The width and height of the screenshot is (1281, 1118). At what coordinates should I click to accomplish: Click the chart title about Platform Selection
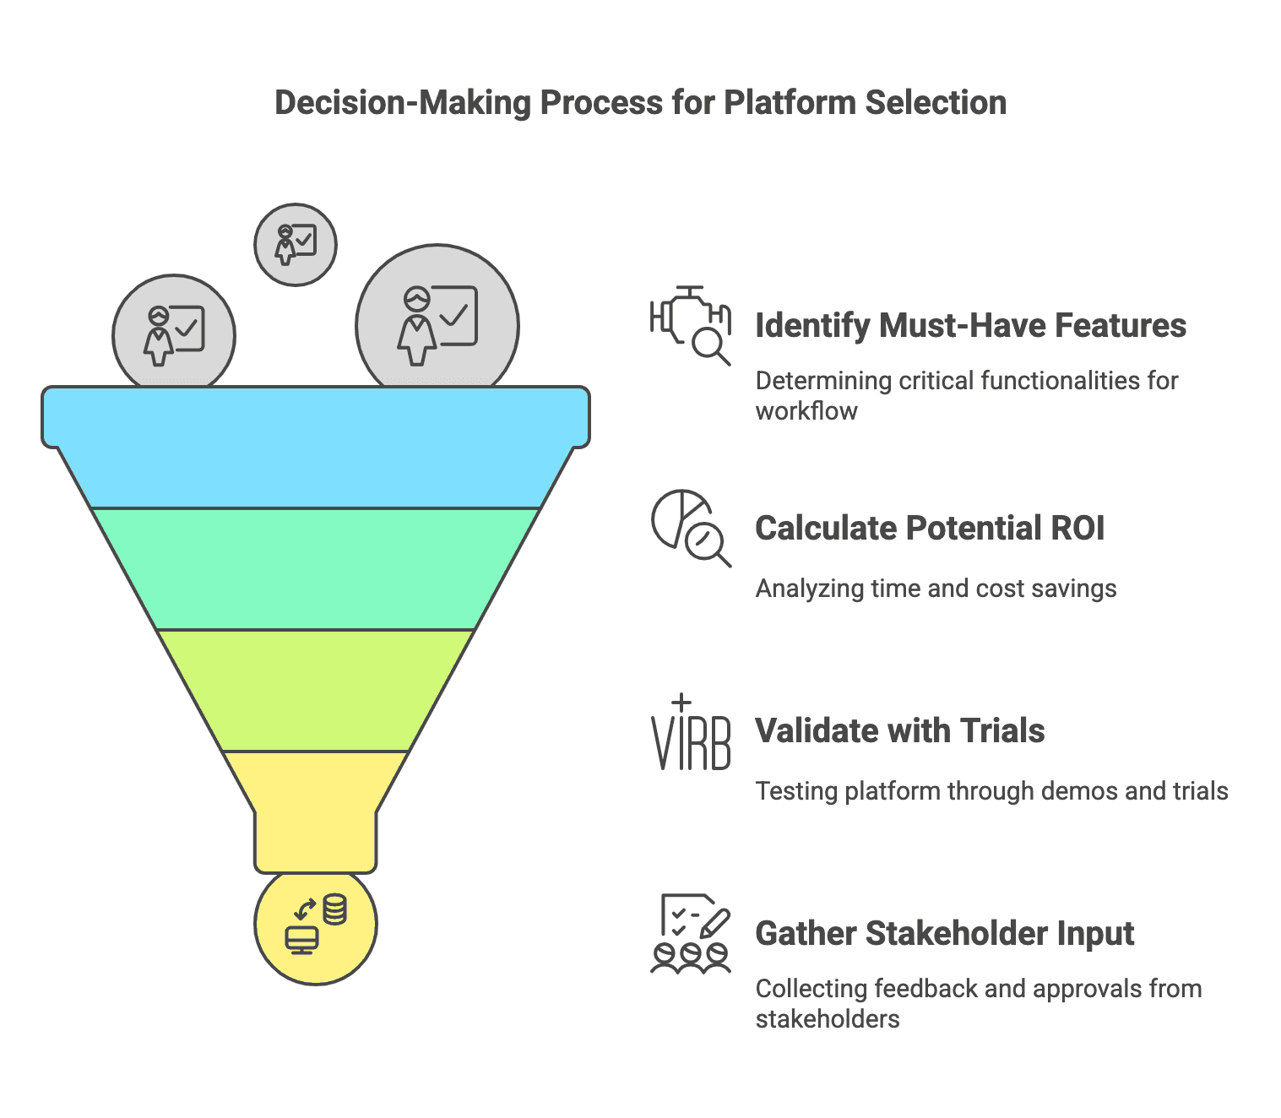(640, 103)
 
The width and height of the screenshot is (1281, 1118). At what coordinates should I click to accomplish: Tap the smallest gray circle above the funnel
(296, 245)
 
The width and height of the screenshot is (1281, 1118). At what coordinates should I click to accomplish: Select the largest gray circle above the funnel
(437, 325)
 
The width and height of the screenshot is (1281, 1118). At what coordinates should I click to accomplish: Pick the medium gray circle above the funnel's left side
(174, 335)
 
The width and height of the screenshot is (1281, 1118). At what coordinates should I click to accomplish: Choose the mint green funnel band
(315, 568)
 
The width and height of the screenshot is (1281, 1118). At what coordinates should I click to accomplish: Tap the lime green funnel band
(315, 690)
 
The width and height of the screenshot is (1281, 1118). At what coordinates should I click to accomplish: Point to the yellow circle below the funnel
(315, 929)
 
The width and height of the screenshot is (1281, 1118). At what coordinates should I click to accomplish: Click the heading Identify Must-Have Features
(970, 326)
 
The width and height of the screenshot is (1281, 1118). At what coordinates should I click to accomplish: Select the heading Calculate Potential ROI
(930, 529)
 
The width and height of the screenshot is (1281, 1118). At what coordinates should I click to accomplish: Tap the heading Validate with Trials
(899, 731)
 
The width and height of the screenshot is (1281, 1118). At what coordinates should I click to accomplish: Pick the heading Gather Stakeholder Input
(944, 934)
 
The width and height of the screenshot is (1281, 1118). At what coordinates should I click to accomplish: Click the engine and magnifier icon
(691, 325)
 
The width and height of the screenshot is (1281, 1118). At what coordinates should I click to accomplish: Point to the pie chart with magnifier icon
(691, 528)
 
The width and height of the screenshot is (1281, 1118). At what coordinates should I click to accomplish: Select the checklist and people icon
(691, 933)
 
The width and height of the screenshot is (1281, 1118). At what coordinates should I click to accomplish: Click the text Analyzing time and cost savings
(936, 589)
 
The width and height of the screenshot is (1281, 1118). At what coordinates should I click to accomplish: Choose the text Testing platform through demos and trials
(991, 791)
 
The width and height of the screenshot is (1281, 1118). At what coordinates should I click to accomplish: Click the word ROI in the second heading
(1077, 529)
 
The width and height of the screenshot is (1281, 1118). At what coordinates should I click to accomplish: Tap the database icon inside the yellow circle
(335, 909)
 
